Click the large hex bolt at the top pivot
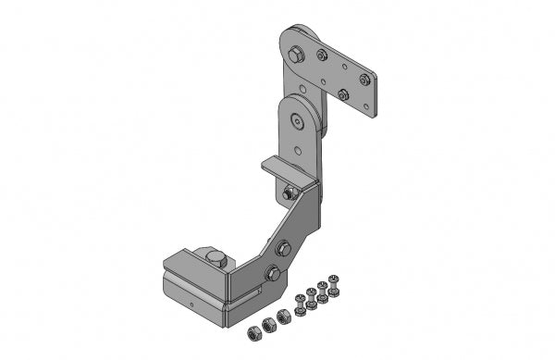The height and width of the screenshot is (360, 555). pos(295,55)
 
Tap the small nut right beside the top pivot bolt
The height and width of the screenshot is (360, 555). pos(321,55)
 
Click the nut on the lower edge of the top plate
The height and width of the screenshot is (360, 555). pos(343,94)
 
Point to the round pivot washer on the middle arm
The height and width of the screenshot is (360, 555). pos(296,119)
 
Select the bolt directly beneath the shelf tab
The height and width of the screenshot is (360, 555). pos(290,192)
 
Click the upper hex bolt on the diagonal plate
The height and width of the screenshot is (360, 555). pos(284,247)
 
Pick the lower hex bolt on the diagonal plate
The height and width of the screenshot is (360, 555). pos(273,273)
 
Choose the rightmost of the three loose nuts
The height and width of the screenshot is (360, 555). pos(283,317)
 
